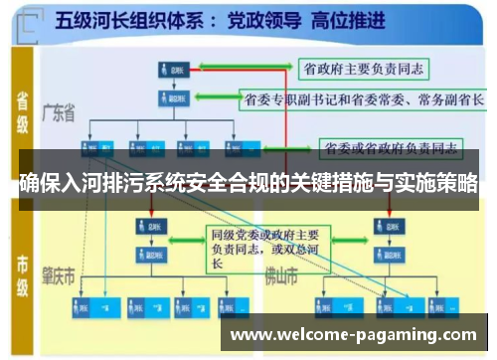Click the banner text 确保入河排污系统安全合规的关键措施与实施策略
coord(248,184)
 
